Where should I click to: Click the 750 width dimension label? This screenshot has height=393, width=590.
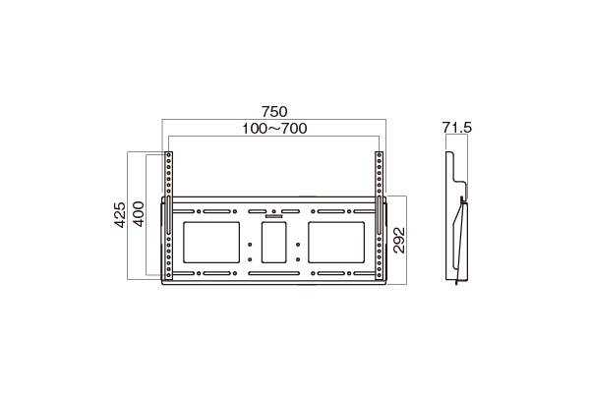(x=274, y=112)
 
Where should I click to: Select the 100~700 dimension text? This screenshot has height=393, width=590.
(x=274, y=129)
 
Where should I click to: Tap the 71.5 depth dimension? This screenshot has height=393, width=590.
(x=457, y=128)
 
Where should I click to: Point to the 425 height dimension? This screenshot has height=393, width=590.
(x=120, y=215)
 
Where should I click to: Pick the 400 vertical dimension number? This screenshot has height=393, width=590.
(x=139, y=214)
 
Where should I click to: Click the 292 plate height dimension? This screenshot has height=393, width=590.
(x=399, y=241)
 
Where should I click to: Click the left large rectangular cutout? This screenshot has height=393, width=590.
(x=211, y=243)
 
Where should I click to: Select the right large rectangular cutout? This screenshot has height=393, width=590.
(x=336, y=243)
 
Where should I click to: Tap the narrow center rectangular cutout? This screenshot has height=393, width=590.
(x=274, y=243)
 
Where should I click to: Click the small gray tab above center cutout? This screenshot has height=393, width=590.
(x=273, y=216)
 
